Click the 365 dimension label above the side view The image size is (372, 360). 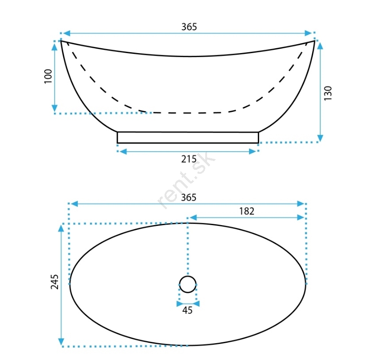[x=189, y=27]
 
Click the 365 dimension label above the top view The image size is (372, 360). [x=188, y=197]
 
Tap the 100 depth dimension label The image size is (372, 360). [x=48, y=76]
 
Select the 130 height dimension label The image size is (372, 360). [x=328, y=93]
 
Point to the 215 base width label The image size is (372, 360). [x=189, y=159]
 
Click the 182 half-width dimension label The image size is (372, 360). [x=247, y=211]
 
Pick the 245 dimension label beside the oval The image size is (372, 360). [x=54, y=282]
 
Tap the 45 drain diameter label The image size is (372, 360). [x=188, y=310]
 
